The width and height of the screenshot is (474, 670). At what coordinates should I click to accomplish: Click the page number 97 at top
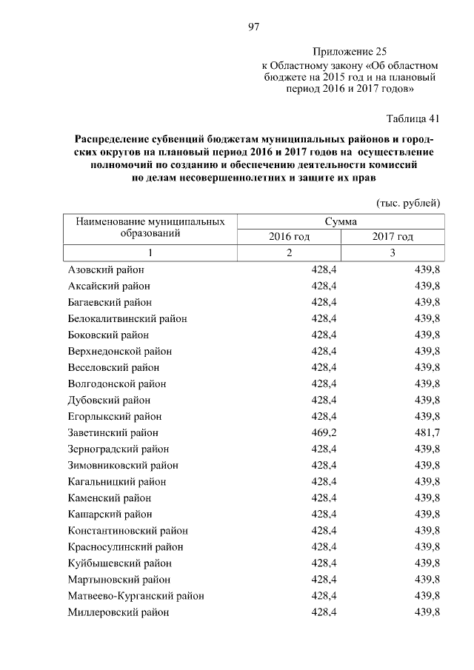(253, 27)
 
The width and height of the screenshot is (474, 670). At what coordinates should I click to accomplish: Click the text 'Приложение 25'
(350, 52)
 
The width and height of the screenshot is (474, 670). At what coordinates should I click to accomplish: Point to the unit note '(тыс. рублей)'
(408, 202)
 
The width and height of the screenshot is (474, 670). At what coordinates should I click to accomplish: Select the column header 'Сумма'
(341, 221)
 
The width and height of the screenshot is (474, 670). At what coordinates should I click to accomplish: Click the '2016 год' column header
(289, 237)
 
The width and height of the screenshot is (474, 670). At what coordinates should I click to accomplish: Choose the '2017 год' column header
(393, 237)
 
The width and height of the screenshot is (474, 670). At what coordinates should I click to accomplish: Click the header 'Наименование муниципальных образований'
(150, 228)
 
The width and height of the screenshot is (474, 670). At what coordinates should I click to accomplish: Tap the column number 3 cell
(393, 253)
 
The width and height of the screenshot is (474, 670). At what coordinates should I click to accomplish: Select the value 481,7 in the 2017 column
(427, 432)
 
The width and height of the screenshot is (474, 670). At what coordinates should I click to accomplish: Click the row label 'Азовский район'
(106, 269)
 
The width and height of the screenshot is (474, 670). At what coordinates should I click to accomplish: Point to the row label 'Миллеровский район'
(118, 612)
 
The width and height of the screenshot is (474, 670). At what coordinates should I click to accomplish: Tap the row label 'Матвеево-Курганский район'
(136, 596)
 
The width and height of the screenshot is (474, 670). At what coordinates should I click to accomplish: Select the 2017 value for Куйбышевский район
(427, 563)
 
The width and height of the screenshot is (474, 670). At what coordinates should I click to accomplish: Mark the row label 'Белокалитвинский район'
(127, 318)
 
